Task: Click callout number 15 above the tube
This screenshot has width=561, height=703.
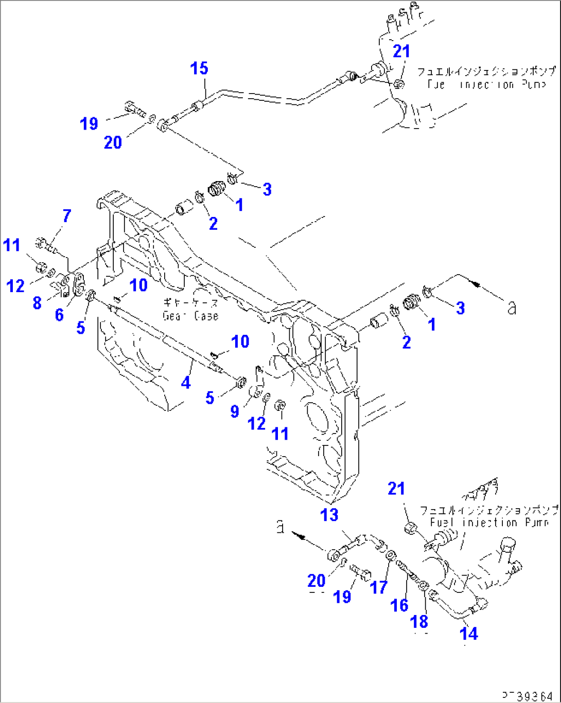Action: coord(199,68)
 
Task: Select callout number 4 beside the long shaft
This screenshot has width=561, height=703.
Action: coord(185,382)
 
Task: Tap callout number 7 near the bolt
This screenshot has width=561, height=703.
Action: coord(67,216)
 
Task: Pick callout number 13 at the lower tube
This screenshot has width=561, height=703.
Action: coord(329,514)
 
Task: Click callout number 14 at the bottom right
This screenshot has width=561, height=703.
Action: coord(468,634)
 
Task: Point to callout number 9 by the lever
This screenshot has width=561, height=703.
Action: coord(235,411)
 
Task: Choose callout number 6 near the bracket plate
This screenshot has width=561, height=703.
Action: coord(60,314)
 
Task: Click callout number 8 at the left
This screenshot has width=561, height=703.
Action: coord(37,302)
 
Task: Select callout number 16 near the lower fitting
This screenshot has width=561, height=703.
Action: coord(399,605)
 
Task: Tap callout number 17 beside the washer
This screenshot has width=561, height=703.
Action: coord(379,587)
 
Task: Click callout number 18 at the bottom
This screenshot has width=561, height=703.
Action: coord(419,621)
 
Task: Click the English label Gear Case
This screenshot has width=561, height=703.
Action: coord(190,316)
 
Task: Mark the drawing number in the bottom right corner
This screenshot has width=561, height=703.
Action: coord(528,696)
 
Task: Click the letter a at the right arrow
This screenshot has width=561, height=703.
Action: coord(511,308)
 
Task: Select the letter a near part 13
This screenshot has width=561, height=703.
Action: coord(280,527)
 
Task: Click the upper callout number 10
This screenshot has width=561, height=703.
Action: coord(138,285)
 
